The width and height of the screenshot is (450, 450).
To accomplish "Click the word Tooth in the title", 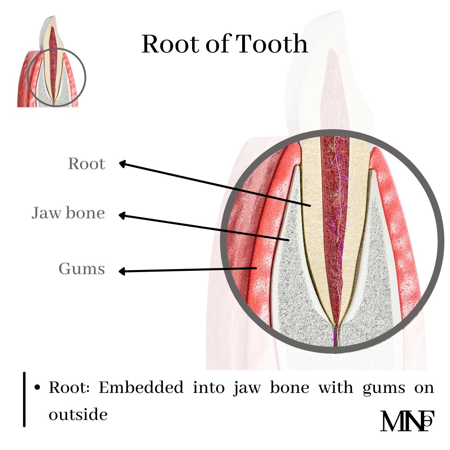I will (272, 44).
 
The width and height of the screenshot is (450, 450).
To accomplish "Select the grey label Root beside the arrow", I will (87, 164).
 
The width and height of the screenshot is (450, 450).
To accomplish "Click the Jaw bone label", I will (68, 213).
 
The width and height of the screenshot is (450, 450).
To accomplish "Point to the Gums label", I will (82, 269).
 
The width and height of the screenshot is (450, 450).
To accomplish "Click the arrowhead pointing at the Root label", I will (122, 164).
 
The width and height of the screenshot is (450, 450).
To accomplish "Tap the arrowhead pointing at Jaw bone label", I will (122, 215).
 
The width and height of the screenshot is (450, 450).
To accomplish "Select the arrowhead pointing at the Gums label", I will (122, 272).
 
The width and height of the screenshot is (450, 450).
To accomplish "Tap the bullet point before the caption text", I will (37, 388).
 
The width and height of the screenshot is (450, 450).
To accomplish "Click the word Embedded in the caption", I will (140, 388).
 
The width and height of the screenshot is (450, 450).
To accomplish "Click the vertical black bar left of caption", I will (25, 399).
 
